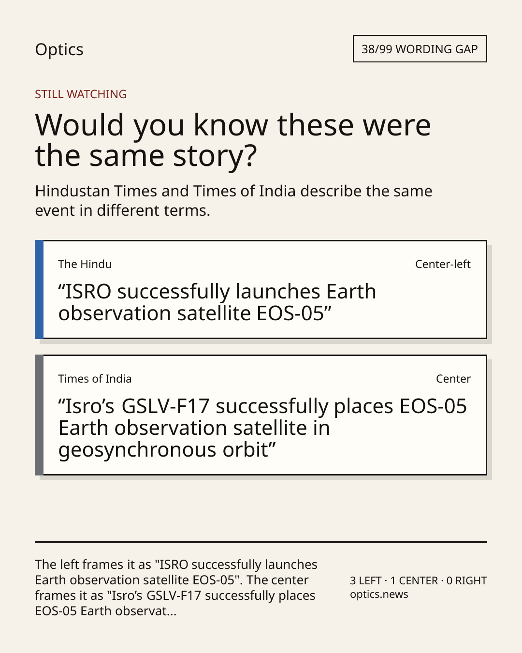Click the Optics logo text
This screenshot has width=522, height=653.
pyautogui.click(x=59, y=50)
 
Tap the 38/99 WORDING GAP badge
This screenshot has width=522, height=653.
pyautogui.click(x=420, y=49)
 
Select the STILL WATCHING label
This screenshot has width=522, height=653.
pyautogui.click(x=81, y=94)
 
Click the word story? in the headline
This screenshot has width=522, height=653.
pyautogui.click(x=215, y=156)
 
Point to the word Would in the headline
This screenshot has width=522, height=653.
pyautogui.click(x=79, y=125)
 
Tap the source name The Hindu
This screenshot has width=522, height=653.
pyautogui.click(x=85, y=264)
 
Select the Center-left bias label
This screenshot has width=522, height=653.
pyautogui.click(x=443, y=264)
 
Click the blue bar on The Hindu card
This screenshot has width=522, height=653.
pyautogui.click(x=39, y=289)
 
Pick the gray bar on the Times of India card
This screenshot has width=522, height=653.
pyautogui.click(x=39, y=415)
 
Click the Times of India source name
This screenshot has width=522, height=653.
pyautogui.click(x=95, y=379)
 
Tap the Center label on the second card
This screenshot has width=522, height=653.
pyautogui.click(x=453, y=379)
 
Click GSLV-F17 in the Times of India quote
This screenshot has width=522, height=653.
pyautogui.click(x=166, y=406)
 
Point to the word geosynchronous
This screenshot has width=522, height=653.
pyautogui.click(x=137, y=450)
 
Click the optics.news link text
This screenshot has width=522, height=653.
pyautogui.click(x=379, y=594)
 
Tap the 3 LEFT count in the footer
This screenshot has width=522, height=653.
pyautogui.click(x=365, y=580)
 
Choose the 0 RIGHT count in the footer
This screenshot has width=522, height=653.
pyautogui.click(x=466, y=580)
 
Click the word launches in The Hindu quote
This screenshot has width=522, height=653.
pyautogui.click(x=278, y=292)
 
